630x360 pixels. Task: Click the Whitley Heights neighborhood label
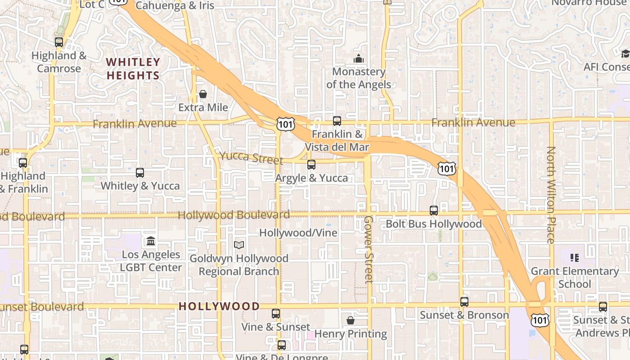coord(133,68)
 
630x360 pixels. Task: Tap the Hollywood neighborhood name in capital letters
coord(219,306)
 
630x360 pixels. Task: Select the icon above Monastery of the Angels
coord(359,59)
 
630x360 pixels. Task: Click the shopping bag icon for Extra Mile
coord(203,94)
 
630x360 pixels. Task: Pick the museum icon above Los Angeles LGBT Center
coord(151,241)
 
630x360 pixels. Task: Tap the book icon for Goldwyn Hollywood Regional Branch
coord(239,245)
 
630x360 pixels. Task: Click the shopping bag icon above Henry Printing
coord(351,320)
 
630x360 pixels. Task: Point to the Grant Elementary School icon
coord(575,258)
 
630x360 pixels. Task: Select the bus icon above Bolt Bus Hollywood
coord(434,210)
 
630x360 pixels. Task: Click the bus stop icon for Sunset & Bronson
coord(464,301)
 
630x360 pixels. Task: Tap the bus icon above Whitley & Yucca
coord(140,172)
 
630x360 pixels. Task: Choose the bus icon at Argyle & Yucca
coord(311,164)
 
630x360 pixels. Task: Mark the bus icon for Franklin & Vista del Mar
coord(337,121)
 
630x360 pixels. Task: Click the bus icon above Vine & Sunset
coord(276,313)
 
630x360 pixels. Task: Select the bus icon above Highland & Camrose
coord(59,42)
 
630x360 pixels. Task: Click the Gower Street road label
coord(369,249)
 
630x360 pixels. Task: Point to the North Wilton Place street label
coord(551,195)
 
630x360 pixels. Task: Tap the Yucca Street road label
coord(251,158)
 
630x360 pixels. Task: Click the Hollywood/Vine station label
coord(298,233)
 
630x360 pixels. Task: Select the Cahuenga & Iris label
coord(175,6)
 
